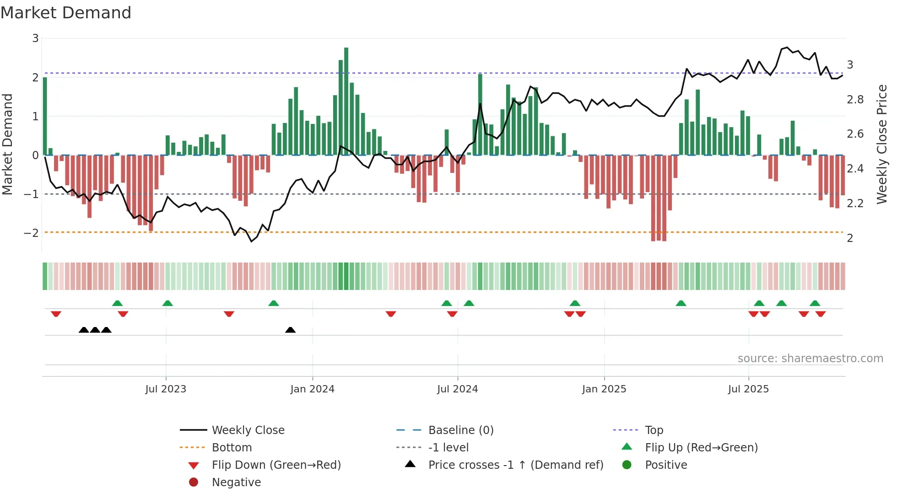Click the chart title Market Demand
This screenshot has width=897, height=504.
[66, 13]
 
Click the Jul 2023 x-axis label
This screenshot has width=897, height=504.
[166, 389]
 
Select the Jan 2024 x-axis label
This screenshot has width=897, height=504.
[312, 389]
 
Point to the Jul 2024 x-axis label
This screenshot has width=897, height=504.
[457, 389]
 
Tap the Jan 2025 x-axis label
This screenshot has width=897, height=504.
[604, 389]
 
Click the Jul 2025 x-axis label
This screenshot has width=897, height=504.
[748, 389]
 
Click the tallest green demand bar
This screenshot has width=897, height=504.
[346, 101]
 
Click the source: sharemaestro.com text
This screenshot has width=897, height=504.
[810, 359]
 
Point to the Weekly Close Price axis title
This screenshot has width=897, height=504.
[881, 144]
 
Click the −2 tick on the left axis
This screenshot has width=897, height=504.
[32, 233]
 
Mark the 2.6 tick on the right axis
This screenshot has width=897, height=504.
[855, 134]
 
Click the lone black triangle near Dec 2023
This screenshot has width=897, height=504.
[290, 330]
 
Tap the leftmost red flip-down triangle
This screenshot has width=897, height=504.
[56, 314]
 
